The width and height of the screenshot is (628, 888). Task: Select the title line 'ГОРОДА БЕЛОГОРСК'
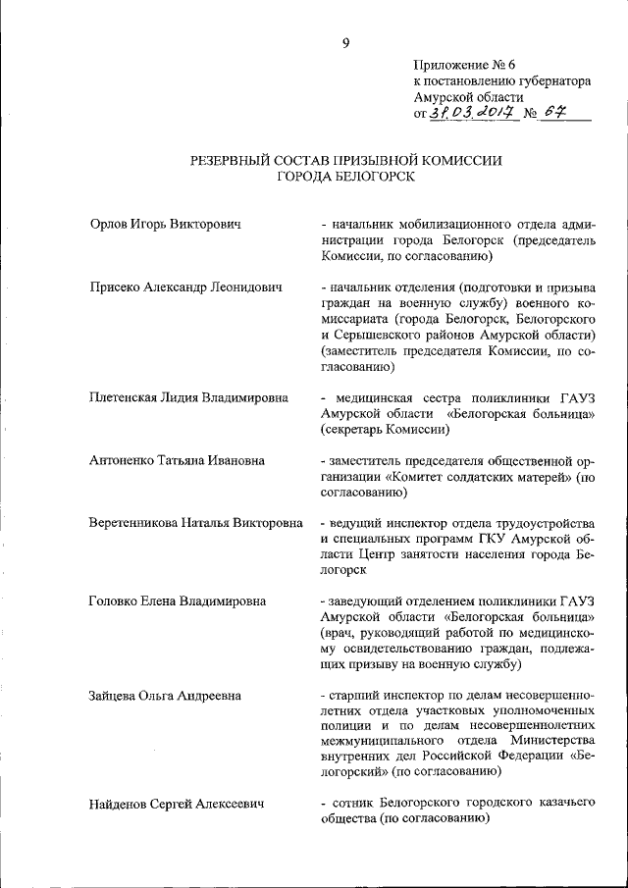click(x=345, y=177)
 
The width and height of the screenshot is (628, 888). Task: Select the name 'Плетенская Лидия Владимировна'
click(x=188, y=397)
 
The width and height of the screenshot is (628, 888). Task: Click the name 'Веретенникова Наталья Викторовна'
click(x=195, y=523)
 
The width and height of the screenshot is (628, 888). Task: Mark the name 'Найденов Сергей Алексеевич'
click(x=177, y=804)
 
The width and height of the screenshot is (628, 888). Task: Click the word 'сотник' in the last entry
click(x=350, y=804)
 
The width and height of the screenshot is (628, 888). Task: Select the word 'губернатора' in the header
click(x=552, y=81)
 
